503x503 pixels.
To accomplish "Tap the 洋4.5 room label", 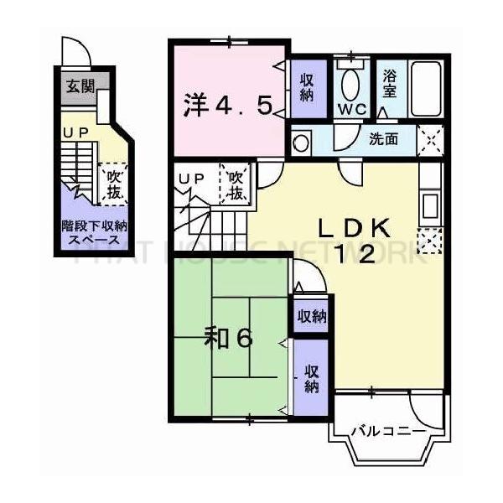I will [x=227, y=106].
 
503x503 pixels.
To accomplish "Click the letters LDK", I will [x=352, y=227].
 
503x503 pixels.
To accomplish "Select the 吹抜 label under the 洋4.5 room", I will [x=236, y=184].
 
